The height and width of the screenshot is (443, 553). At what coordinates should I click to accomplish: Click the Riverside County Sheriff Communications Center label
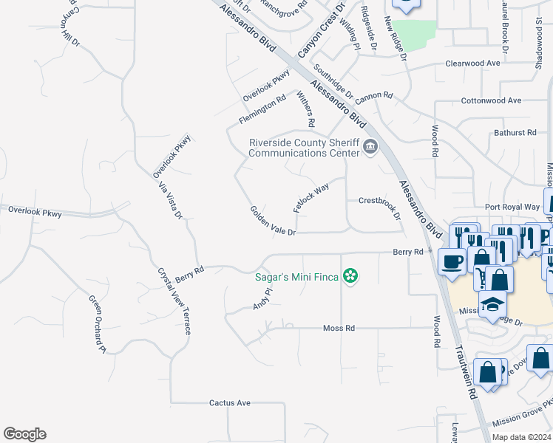[304, 148]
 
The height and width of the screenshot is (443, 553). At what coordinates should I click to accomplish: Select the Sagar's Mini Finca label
[296, 277]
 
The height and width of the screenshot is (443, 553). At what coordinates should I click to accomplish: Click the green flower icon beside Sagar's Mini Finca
[350, 277]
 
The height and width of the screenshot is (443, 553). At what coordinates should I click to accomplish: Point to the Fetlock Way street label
[311, 199]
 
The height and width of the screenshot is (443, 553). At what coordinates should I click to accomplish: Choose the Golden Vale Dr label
[272, 221]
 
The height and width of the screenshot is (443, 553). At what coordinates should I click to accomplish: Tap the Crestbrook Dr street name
[379, 206]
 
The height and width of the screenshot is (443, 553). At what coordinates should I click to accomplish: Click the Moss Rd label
[339, 328]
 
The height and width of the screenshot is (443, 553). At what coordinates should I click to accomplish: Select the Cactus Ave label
[230, 403]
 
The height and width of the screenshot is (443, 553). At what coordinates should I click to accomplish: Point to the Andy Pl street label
[262, 299]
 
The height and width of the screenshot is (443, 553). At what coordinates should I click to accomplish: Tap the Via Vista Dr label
[169, 201]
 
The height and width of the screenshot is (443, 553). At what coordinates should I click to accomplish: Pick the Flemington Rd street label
[262, 109]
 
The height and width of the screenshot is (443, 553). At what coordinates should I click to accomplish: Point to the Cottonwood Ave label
[491, 100]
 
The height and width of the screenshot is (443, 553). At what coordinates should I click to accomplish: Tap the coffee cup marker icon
[452, 261]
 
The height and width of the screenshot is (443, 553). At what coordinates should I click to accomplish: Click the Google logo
[24, 434]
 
